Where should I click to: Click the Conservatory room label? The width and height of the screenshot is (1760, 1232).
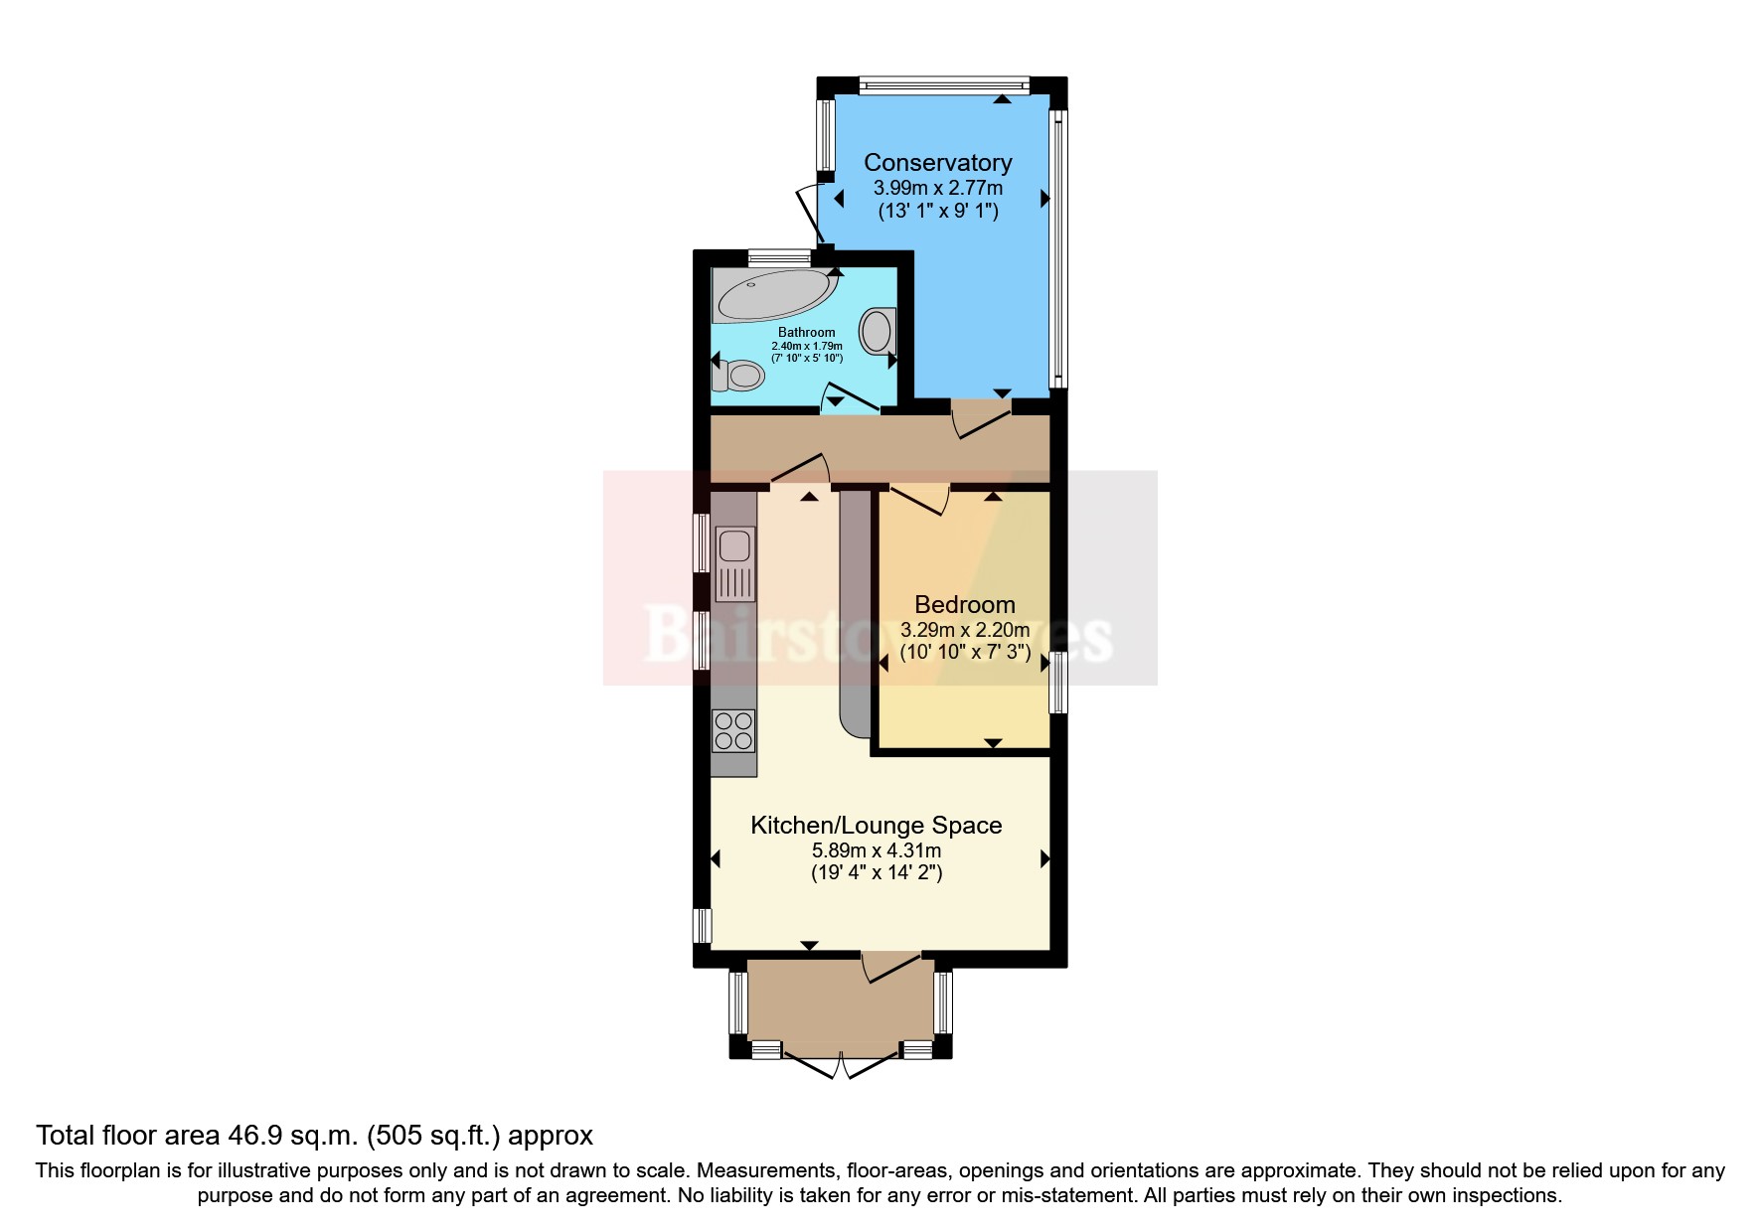pos(937,162)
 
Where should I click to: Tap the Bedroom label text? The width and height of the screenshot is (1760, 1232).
pos(964,604)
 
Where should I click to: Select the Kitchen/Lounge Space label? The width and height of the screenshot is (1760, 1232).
pos(876,825)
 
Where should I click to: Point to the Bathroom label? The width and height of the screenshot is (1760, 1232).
pos(806,332)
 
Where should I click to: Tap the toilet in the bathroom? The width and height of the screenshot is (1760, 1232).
pos(741,376)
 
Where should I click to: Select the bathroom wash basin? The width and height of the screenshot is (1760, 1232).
pos(878,330)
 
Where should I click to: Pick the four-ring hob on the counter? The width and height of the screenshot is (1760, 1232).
pos(733,730)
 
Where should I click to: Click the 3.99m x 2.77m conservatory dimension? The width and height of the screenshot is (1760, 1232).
pos(937,188)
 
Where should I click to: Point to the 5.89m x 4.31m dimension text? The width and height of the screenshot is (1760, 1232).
pos(876,850)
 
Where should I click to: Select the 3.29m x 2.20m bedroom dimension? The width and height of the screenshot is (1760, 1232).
pos(964,630)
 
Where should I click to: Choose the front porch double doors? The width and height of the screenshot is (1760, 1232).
pos(841,1064)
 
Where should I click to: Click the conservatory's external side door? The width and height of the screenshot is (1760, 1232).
pos(808,213)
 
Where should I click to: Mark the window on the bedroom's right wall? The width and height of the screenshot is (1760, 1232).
pos(1058,682)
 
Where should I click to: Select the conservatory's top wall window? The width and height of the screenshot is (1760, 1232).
pos(944,85)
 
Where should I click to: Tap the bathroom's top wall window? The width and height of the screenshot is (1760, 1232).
pos(779,257)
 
